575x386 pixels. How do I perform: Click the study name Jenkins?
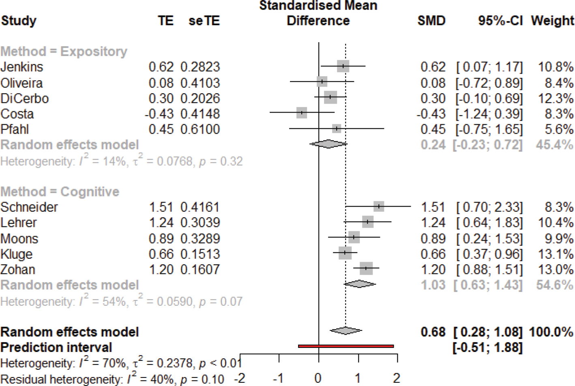click(x=21, y=67)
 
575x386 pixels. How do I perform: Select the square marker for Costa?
click(x=301, y=113)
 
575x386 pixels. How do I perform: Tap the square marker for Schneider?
click(x=378, y=206)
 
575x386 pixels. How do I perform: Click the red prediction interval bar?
click(x=345, y=346)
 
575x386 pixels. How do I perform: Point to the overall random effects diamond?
click(x=345, y=331)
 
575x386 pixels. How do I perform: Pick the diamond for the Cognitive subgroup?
click(x=360, y=284)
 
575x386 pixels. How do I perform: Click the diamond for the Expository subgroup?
click(x=328, y=144)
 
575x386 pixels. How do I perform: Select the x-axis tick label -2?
click(x=240, y=379)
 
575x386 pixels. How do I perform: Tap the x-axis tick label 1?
click(x=358, y=379)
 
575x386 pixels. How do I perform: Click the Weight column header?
click(x=552, y=21)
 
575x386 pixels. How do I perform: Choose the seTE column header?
click(x=204, y=21)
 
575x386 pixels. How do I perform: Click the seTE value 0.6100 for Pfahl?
click(x=200, y=129)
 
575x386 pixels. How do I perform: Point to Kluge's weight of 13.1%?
click(x=559, y=254)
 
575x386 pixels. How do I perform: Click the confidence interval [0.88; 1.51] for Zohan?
click(x=489, y=269)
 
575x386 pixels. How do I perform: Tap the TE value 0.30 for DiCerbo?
click(x=161, y=98)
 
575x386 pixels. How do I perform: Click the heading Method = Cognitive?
click(x=60, y=192)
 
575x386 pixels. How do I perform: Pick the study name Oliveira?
click(x=21, y=83)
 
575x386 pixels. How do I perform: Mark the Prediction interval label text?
click(x=56, y=348)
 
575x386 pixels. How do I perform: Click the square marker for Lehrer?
click(x=367, y=222)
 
